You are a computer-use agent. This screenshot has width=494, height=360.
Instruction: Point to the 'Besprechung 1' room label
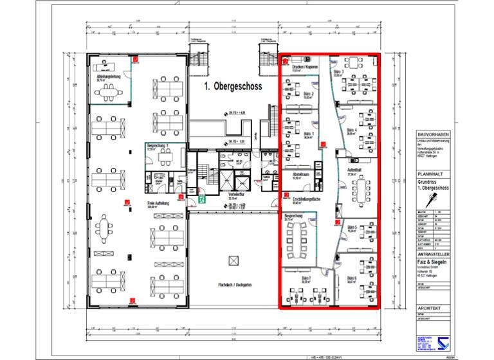tap(158, 146)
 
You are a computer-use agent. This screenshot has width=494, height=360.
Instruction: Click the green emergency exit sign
tap(202, 201)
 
